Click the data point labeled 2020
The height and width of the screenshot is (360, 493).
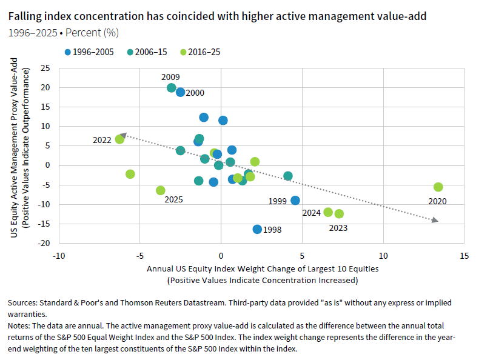(x=438, y=187)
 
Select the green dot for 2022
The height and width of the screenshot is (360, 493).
(x=119, y=139)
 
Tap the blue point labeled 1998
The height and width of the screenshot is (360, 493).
(x=257, y=229)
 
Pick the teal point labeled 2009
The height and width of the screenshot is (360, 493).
(x=172, y=88)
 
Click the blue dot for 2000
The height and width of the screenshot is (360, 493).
(x=180, y=92)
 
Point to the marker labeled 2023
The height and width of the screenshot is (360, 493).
(x=339, y=214)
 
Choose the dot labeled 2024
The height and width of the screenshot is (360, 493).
(x=328, y=212)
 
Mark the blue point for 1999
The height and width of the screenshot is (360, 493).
(x=295, y=201)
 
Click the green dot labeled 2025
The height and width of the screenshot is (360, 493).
(x=160, y=190)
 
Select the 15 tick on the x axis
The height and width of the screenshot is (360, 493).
(x=464, y=255)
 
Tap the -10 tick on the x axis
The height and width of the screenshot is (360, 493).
(x=58, y=255)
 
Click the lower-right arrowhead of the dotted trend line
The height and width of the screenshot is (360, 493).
(x=435, y=221)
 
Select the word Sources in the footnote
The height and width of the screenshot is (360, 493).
(x=23, y=302)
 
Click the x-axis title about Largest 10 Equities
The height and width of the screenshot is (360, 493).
(x=261, y=268)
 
